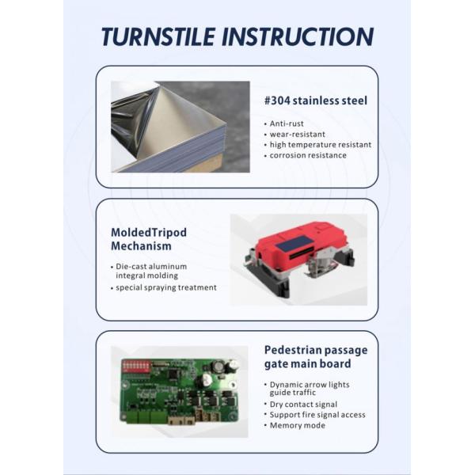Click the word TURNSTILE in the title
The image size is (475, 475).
[158, 36]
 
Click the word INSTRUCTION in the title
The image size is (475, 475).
[298, 36]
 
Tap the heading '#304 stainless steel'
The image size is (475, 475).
[316, 101]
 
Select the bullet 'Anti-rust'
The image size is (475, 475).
[287, 123]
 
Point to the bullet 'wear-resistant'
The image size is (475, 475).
[298, 135]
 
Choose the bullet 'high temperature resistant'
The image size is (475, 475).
[321, 145]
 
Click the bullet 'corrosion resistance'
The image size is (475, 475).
[308, 155]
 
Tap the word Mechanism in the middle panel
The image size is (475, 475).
[141, 245]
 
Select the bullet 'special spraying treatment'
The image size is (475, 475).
[166, 287]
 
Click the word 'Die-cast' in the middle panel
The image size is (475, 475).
[130, 267]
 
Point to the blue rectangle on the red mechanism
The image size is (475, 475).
[294, 243]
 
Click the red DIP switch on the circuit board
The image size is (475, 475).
[136, 366]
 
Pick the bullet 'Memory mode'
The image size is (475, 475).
[297, 425]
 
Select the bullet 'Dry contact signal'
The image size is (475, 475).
[303, 405]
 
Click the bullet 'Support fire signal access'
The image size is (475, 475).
[317, 415]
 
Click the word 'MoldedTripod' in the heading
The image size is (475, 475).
[149, 233]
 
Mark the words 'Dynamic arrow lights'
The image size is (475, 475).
[310, 385]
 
